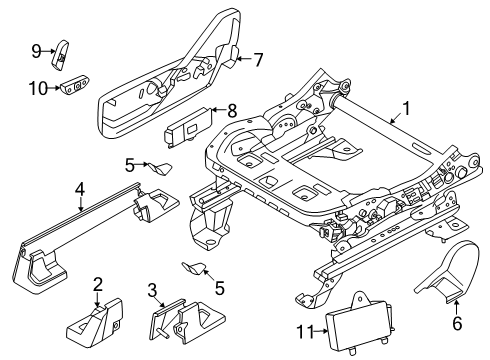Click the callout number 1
pos(406,108)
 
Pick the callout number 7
pos(258,59)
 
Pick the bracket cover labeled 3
pos(180,322)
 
